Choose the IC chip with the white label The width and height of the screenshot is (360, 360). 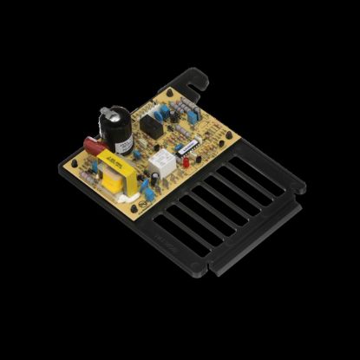[x=187, y=149]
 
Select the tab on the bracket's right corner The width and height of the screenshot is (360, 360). [x=297, y=185]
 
